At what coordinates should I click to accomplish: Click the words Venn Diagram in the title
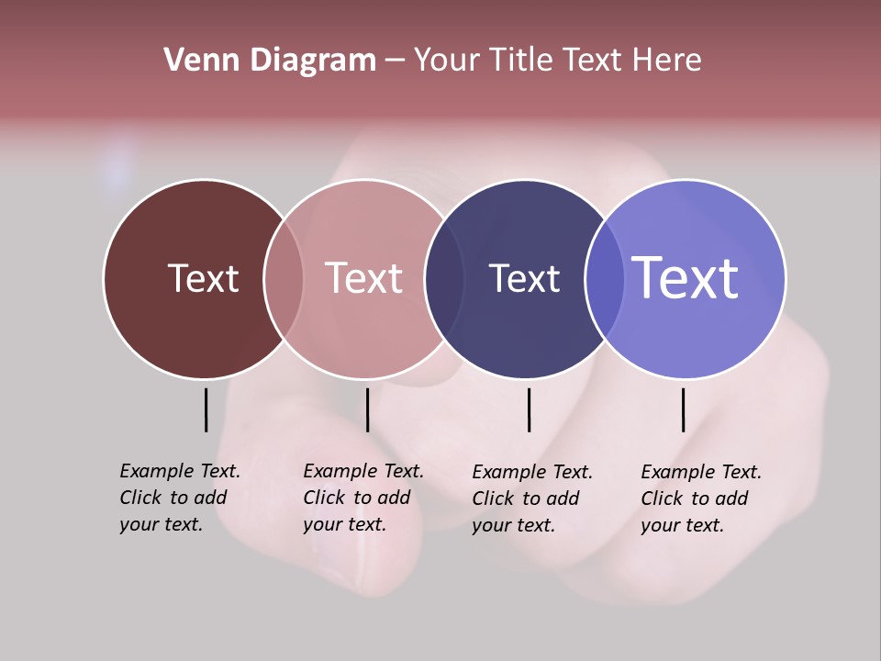pos(270,61)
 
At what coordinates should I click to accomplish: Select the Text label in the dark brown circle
pos(203,278)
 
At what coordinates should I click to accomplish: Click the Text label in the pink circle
pos(363,278)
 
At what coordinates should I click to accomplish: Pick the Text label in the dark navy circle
pos(524,278)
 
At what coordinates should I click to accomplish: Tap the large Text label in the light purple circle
pos(686,278)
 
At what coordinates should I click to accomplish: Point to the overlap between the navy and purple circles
pos(605,278)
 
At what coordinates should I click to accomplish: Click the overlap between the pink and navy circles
pos(444,278)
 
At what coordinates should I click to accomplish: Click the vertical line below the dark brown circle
pos(206,409)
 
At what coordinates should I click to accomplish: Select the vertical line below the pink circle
pos(367,409)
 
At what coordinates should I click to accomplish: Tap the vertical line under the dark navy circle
pos(529,409)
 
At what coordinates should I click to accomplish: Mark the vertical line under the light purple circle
pos(683,409)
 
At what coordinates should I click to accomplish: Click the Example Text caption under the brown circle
pos(180,498)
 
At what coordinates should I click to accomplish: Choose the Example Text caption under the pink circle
pos(363,498)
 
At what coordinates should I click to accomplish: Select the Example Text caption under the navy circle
pos(532,499)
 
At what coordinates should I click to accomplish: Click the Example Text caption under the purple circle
pos(701,499)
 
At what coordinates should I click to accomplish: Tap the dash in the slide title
pos(395,62)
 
